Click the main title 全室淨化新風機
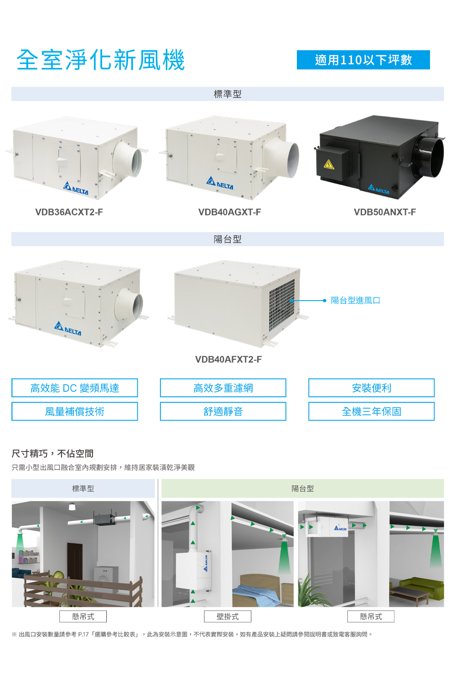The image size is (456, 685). pyautogui.click(x=100, y=60)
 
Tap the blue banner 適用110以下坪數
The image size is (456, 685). pyautogui.click(x=363, y=60)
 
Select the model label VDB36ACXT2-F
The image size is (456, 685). pyautogui.click(x=69, y=212)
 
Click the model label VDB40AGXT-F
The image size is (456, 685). pyautogui.click(x=229, y=212)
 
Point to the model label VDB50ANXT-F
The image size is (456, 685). pyautogui.click(x=385, y=212)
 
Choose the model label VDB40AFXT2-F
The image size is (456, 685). pyautogui.click(x=228, y=359)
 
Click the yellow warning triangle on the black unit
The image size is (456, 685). pyautogui.click(x=329, y=164)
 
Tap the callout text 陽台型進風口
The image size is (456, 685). pyautogui.click(x=356, y=300)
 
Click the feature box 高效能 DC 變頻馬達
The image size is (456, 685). pyautogui.click(x=74, y=388)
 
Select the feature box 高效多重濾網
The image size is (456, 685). pyautogui.click(x=223, y=388)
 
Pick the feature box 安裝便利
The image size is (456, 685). pyautogui.click(x=371, y=388)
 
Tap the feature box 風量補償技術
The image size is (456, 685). pyautogui.click(x=74, y=411)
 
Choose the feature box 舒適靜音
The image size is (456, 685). pyautogui.click(x=223, y=411)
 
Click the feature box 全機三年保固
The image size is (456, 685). pyautogui.click(x=371, y=411)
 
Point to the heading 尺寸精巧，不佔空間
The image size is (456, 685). pyautogui.click(x=52, y=453)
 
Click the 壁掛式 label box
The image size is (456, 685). pyautogui.click(x=228, y=616)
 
